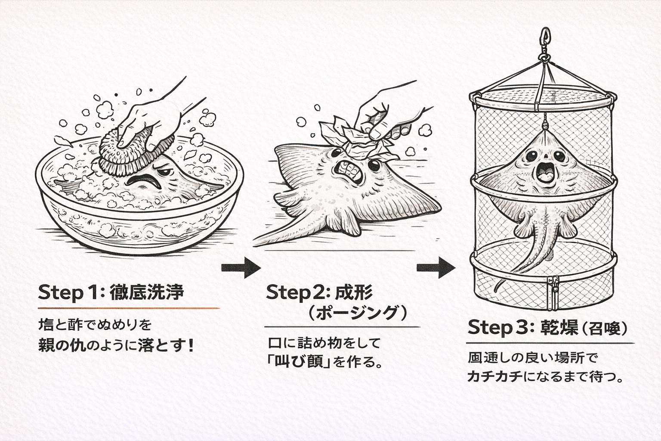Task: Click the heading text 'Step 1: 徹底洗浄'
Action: (x=111, y=293)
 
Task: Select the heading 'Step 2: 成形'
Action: (x=319, y=292)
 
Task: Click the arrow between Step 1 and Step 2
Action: (x=241, y=268)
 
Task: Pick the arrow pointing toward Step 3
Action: (x=436, y=268)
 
